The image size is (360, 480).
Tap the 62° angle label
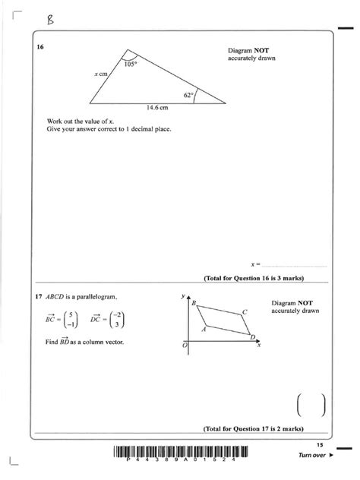(188, 95)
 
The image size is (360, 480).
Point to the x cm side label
(102, 74)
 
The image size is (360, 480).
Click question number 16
(41, 48)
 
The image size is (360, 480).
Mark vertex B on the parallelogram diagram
(194, 303)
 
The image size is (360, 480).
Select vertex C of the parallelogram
(245, 311)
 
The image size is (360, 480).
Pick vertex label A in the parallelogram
(204, 330)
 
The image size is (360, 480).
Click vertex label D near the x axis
(251, 336)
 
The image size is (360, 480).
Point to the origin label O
(183, 346)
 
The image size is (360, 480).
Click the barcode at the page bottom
(179, 453)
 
